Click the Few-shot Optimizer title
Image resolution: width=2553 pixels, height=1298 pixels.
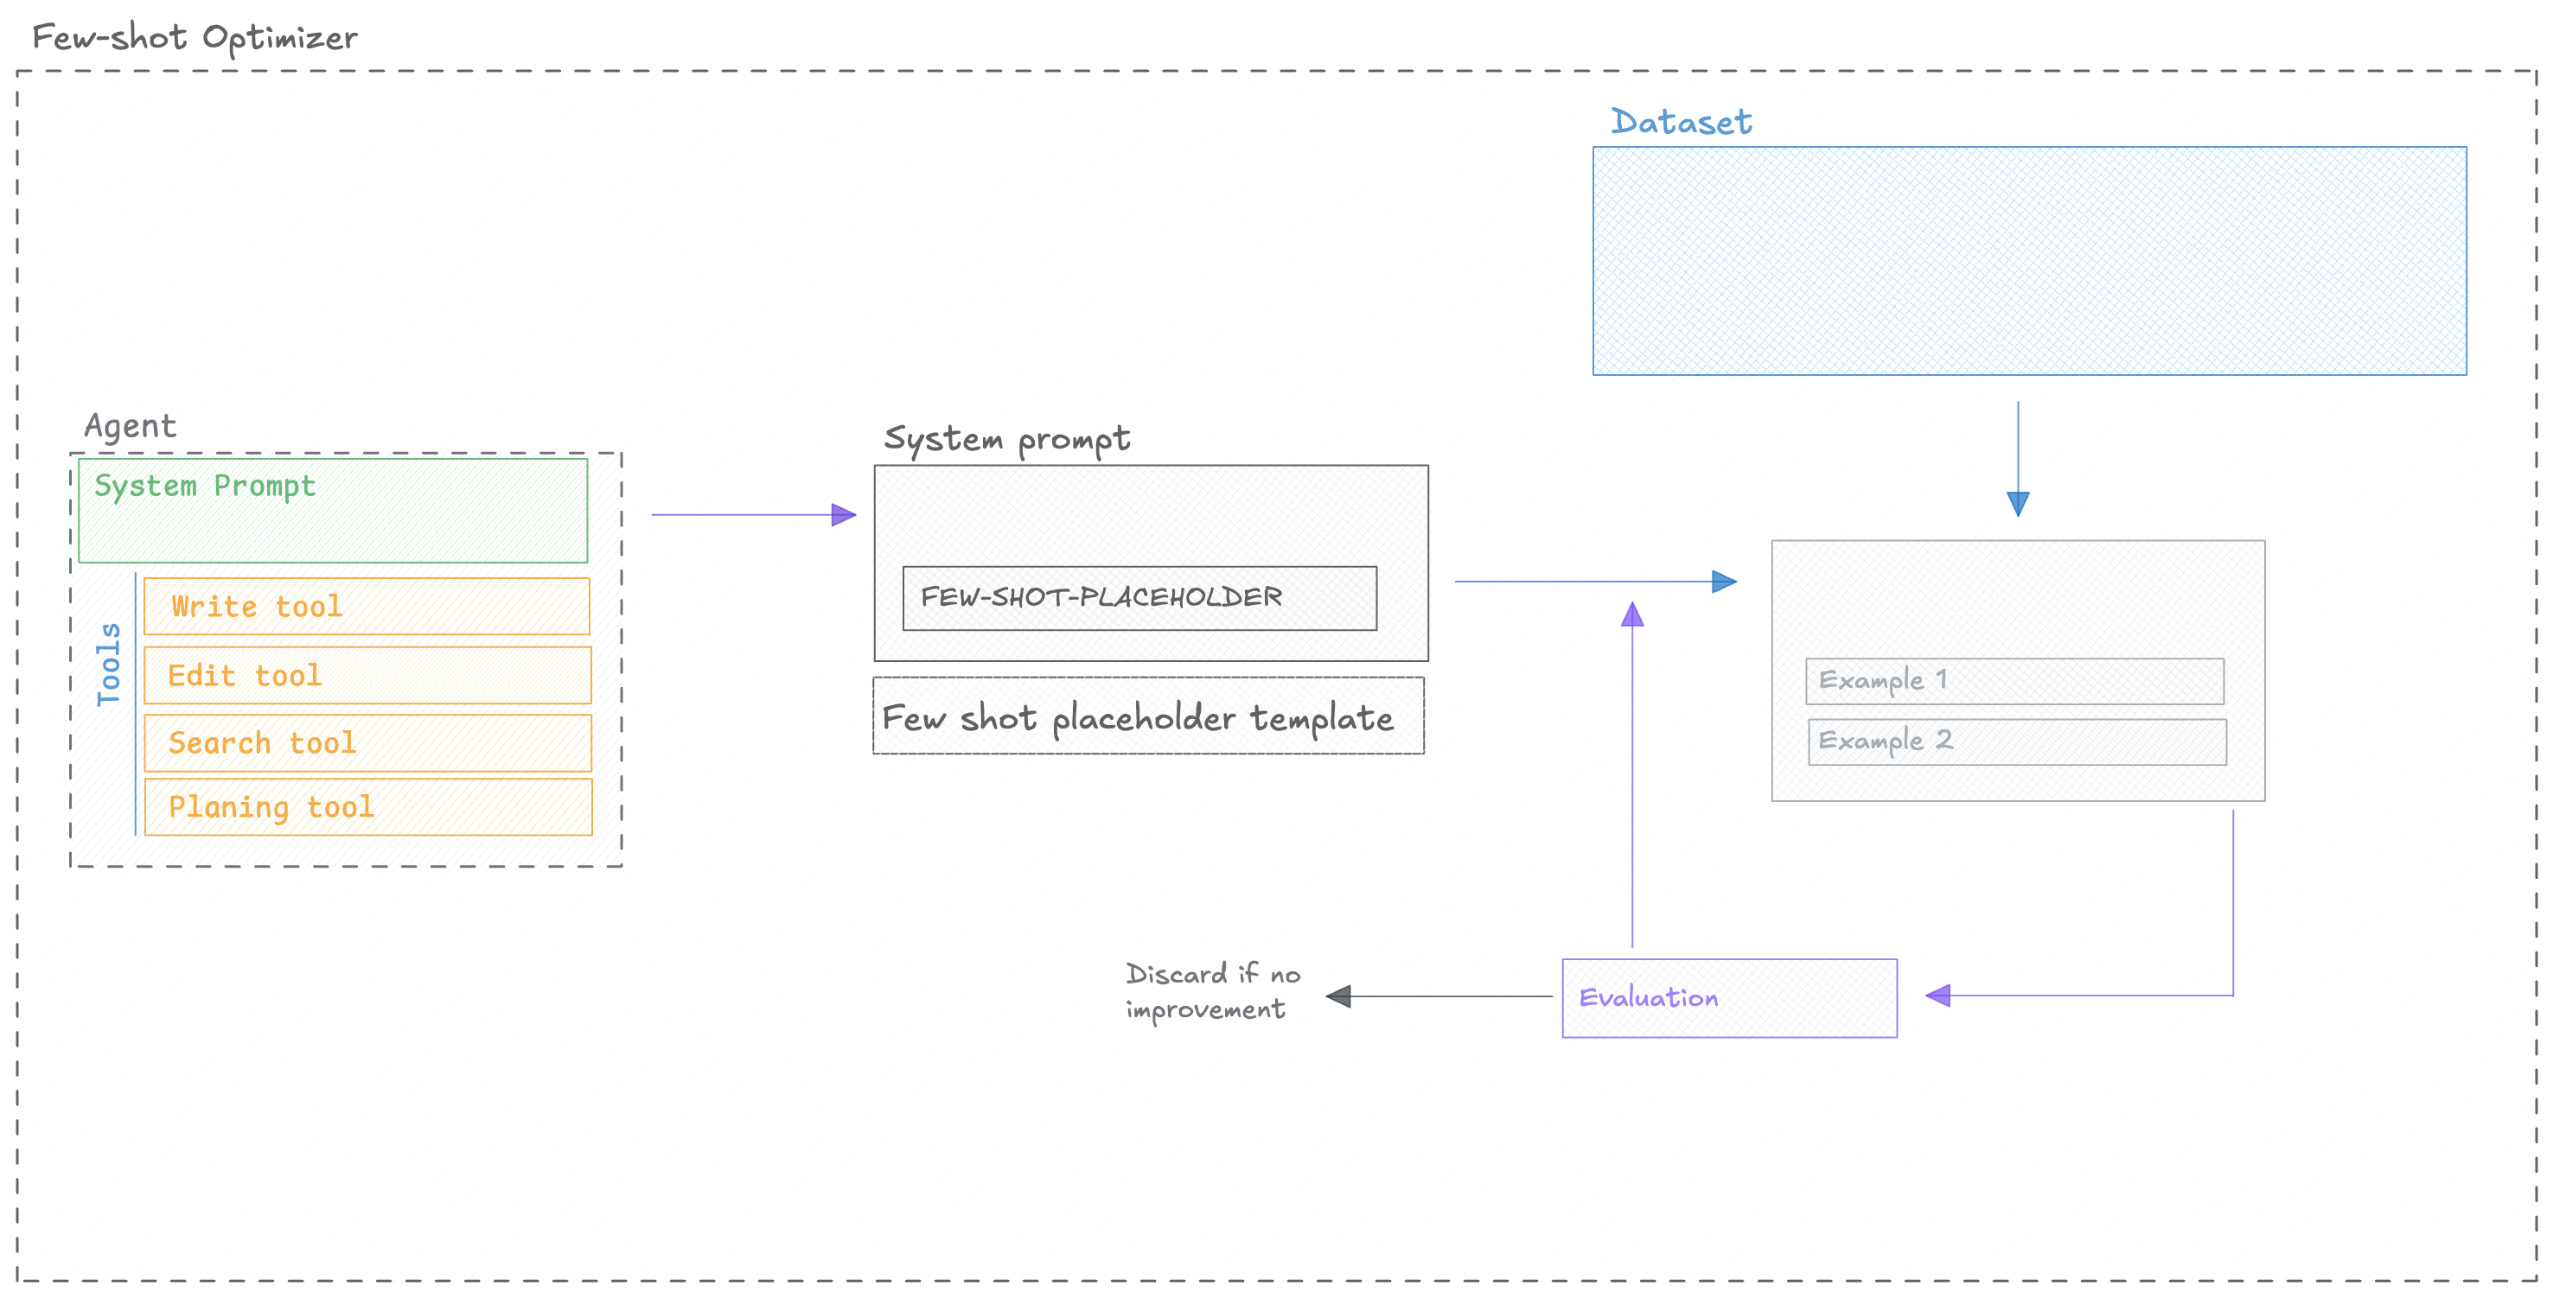click(x=195, y=38)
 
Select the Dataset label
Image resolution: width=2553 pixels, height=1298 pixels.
click(x=1680, y=122)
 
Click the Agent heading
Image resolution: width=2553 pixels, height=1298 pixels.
click(x=130, y=426)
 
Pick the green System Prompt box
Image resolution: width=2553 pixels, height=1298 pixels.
click(x=332, y=510)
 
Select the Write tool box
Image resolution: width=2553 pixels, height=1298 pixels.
click(x=367, y=607)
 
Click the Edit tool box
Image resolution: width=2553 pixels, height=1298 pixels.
click(x=367, y=676)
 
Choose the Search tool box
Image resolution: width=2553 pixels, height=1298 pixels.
click(x=367, y=743)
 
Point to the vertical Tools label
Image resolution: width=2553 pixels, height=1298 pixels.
click(x=108, y=664)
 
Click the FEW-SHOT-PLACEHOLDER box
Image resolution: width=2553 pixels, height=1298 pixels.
click(x=1139, y=597)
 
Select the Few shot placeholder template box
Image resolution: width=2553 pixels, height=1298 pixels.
click(x=1147, y=716)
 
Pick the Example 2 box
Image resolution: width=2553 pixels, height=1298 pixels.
click(x=2016, y=741)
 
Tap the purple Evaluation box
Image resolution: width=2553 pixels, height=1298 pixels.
click(x=1728, y=998)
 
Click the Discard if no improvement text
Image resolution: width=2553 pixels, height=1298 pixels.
click(x=1211, y=991)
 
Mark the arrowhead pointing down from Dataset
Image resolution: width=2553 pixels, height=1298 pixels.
click(x=2017, y=503)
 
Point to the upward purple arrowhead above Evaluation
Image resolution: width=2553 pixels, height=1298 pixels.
click(x=1631, y=614)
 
